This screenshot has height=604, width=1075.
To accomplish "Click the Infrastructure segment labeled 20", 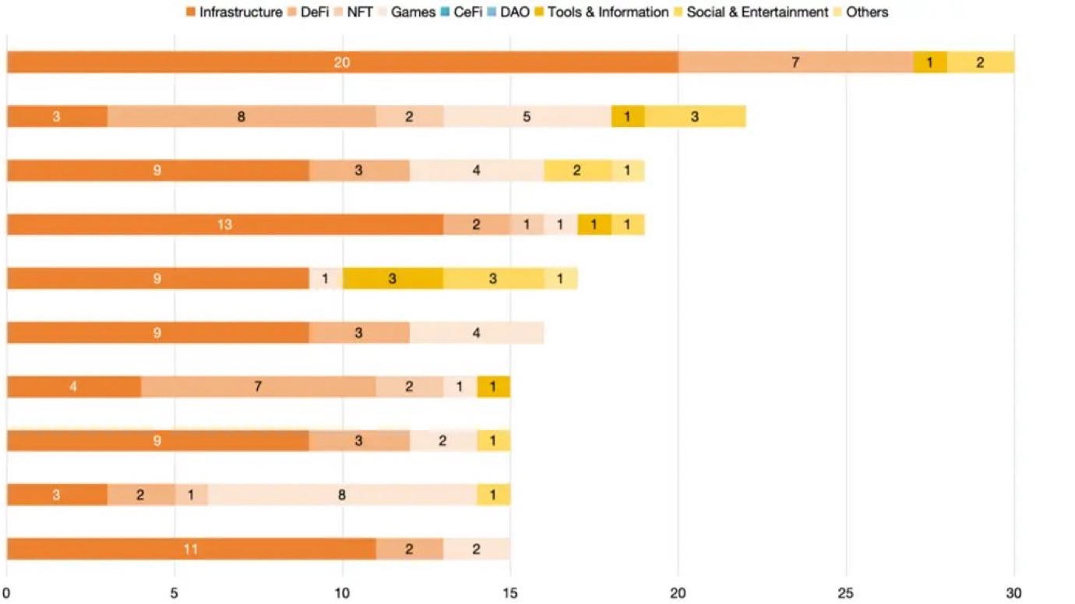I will click(342, 62).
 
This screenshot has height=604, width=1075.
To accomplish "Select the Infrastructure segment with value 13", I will click(224, 224).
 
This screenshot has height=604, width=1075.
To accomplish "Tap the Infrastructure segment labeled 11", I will click(191, 549).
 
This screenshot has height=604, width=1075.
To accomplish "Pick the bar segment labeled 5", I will click(527, 117).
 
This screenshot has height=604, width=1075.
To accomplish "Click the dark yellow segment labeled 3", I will click(393, 278).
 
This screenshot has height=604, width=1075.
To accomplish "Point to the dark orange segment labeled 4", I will click(73, 387).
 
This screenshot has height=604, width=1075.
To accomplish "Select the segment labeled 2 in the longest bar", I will click(980, 62).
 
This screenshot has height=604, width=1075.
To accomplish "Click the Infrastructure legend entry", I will click(234, 12).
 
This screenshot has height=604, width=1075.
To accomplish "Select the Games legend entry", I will click(406, 12).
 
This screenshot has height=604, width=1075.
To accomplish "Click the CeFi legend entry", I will click(460, 12).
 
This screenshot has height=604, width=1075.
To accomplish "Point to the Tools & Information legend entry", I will click(601, 12).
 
